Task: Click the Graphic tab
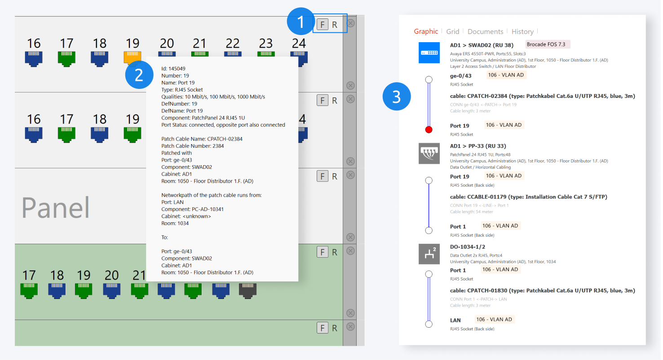point(426,31)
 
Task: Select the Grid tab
point(453,31)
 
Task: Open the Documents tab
point(485,31)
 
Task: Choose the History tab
point(522,31)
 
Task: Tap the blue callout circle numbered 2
point(139,75)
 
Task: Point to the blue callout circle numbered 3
point(397,97)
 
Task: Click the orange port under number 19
point(133,58)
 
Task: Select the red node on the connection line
point(429,130)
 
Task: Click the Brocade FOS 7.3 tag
point(548,44)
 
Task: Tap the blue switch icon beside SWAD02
point(429,53)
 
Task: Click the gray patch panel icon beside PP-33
point(429,154)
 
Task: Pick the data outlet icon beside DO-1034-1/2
point(429,254)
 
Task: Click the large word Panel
point(56,208)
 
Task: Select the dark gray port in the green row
point(248,290)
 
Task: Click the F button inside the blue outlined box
point(322,24)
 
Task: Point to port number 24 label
point(299,44)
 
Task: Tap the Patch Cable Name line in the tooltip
point(202,139)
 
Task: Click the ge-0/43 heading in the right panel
point(460,76)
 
